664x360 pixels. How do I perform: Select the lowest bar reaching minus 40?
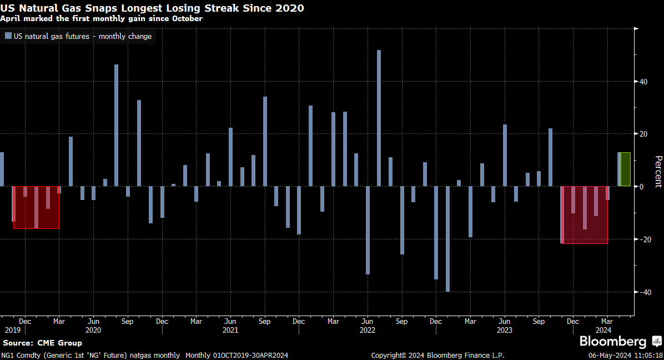(x=447, y=239)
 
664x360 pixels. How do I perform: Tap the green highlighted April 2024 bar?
(x=625, y=169)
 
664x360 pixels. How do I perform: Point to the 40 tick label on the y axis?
(x=643, y=82)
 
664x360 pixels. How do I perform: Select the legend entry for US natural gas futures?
(x=78, y=37)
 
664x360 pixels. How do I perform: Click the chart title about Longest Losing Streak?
(x=152, y=8)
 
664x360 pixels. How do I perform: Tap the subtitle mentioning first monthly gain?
(x=101, y=18)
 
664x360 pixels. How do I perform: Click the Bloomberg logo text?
(x=613, y=341)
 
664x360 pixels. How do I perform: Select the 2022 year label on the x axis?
(x=368, y=330)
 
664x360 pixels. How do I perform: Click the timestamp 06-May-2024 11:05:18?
(x=625, y=355)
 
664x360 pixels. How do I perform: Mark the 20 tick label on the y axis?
(x=643, y=134)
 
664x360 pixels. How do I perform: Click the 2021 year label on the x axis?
(x=230, y=330)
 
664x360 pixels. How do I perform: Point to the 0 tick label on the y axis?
(x=642, y=187)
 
